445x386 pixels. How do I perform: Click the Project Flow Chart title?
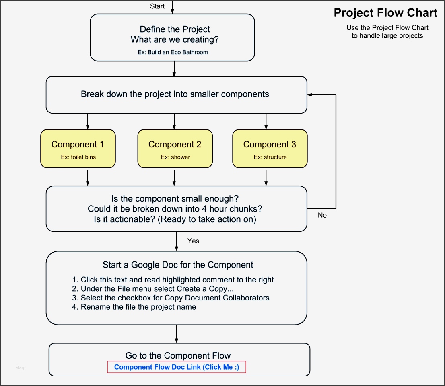pyautogui.click(x=385, y=13)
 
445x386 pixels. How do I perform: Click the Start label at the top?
pyautogui.click(x=157, y=6)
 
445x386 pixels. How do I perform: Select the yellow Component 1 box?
pyautogui.click(x=78, y=148)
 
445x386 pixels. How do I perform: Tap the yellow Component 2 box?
pyautogui.click(x=175, y=148)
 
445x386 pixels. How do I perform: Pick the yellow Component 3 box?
pyautogui.click(x=270, y=148)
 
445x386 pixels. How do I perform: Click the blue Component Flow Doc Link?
pyautogui.click(x=176, y=367)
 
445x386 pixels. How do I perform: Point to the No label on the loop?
pyautogui.click(x=322, y=215)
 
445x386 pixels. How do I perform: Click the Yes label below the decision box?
pyautogui.click(x=193, y=241)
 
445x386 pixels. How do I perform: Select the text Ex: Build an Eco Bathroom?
pyautogui.click(x=173, y=52)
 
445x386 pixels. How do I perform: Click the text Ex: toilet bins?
pyautogui.click(x=78, y=157)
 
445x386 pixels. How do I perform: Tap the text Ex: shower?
pyautogui.click(x=175, y=157)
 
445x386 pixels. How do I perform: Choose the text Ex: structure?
pyautogui.click(x=270, y=157)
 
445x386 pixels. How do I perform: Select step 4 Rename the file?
pyautogui.click(x=134, y=307)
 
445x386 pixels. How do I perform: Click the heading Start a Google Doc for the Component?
pyautogui.click(x=178, y=265)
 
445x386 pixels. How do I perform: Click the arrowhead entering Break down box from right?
pyautogui.click(x=310, y=95)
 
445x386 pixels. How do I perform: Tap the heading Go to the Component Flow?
pyautogui.click(x=178, y=355)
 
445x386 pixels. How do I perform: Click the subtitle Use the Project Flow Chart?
pyautogui.click(x=387, y=28)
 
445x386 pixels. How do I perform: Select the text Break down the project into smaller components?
pyautogui.click(x=175, y=94)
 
